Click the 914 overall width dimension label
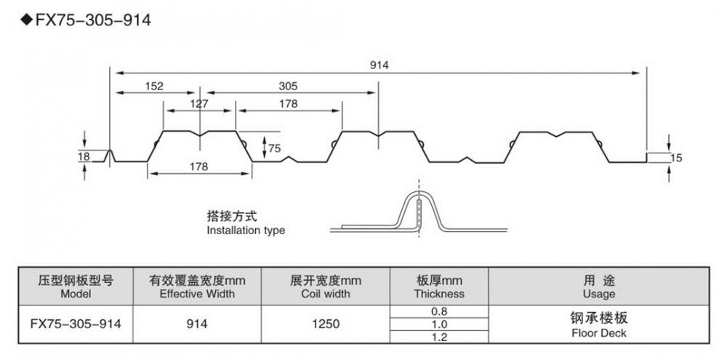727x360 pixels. (x=379, y=65)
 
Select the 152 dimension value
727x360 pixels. (x=153, y=85)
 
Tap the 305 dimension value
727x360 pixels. (x=288, y=85)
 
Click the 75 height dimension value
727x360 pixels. (x=274, y=148)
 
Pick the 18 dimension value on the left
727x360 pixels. (x=85, y=155)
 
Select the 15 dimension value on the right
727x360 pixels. (x=678, y=158)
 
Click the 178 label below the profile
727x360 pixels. (x=198, y=167)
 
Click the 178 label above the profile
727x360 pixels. (x=288, y=103)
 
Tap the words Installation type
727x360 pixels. (x=246, y=231)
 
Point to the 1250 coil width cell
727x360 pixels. (x=325, y=324)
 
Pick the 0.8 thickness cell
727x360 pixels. (x=438, y=312)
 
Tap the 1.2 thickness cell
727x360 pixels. (x=438, y=337)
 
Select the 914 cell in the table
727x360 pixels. (x=197, y=324)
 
